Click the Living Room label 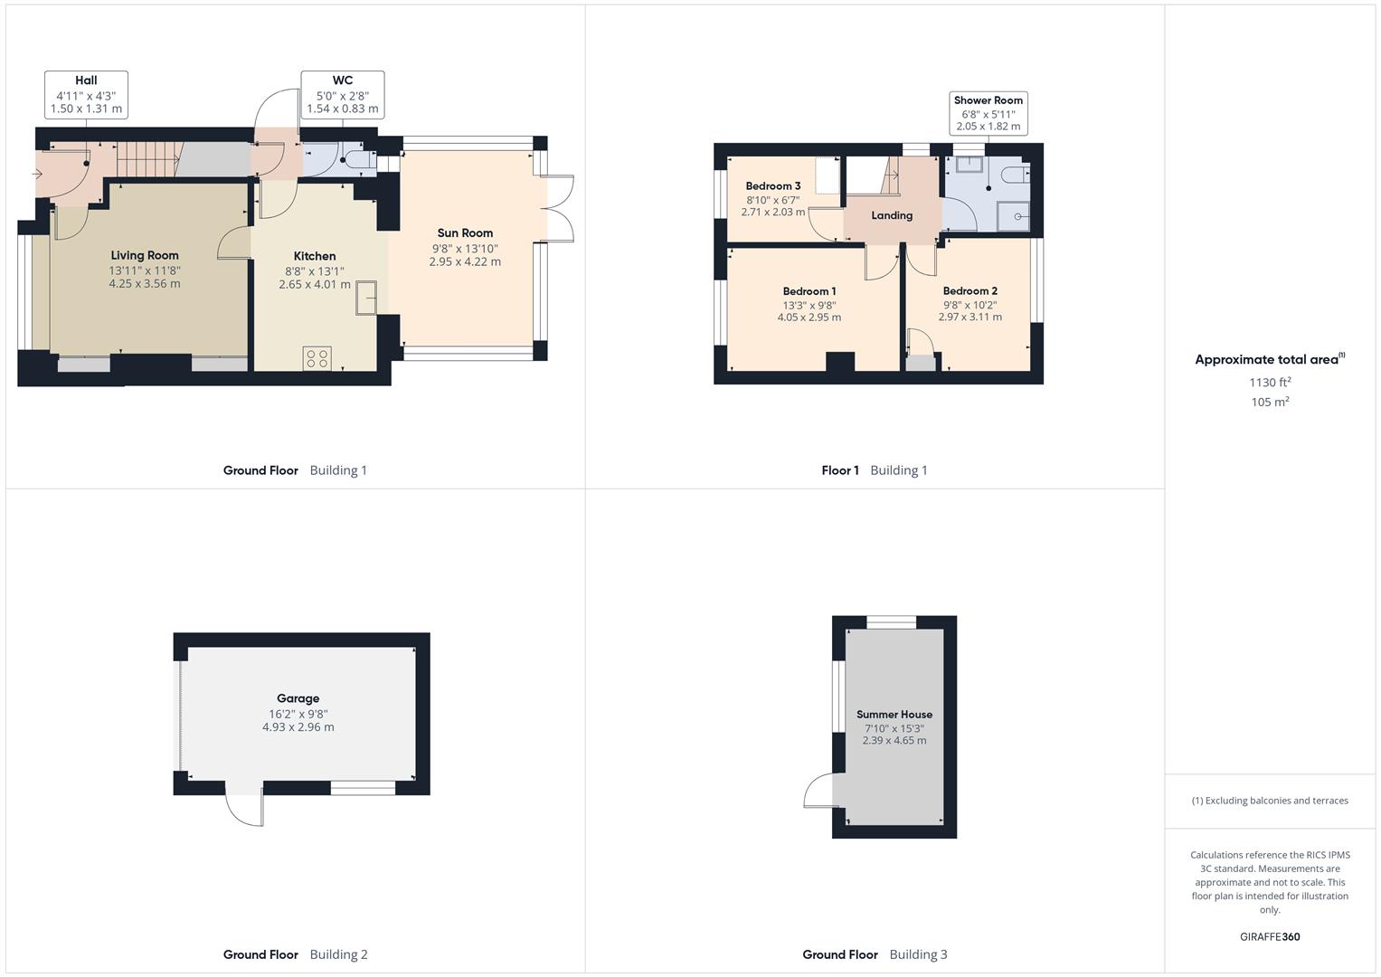(x=145, y=255)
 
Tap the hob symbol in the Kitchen (x=317, y=358)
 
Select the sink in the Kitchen (x=366, y=298)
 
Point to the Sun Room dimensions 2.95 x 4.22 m (x=465, y=262)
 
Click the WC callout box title (x=342, y=81)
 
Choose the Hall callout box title (x=86, y=81)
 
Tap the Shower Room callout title (x=988, y=100)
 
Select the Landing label (x=892, y=215)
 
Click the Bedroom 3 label (x=773, y=186)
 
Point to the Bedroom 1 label (x=809, y=291)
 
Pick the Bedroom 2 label (x=970, y=291)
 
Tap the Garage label (x=298, y=698)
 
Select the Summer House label (x=894, y=715)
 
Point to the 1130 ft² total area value (x=1270, y=383)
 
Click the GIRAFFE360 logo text (x=1270, y=937)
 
